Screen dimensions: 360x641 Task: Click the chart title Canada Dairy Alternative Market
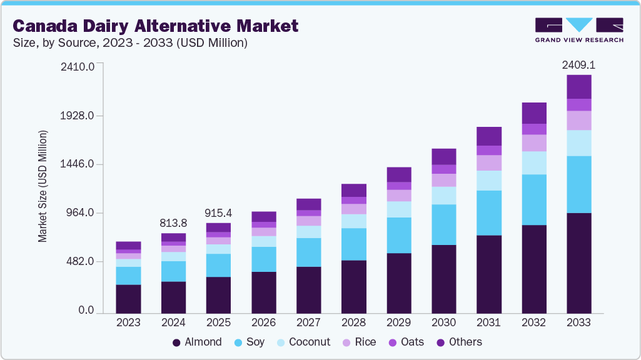coord(155,26)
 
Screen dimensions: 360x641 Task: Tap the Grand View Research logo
coord(579,30)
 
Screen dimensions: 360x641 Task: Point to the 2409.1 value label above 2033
coord(578,64)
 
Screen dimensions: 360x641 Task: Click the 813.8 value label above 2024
coord(173,224)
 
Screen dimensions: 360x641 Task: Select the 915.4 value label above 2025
coord(218,213)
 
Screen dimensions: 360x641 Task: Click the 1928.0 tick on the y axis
coord(77,116)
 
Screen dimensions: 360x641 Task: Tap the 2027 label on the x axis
coord(308,322)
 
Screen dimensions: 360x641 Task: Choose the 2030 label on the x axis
coord(443,322)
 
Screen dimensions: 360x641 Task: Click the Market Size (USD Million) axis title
coord(43,186)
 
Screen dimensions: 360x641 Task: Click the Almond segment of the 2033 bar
coord(578,262)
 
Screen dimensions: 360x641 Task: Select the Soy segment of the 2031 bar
coord(488,212)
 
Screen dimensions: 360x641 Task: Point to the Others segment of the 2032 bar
coord(533,113)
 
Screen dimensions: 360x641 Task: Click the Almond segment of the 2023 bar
coord(128,299)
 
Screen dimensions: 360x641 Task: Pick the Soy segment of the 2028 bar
coord(353,244)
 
